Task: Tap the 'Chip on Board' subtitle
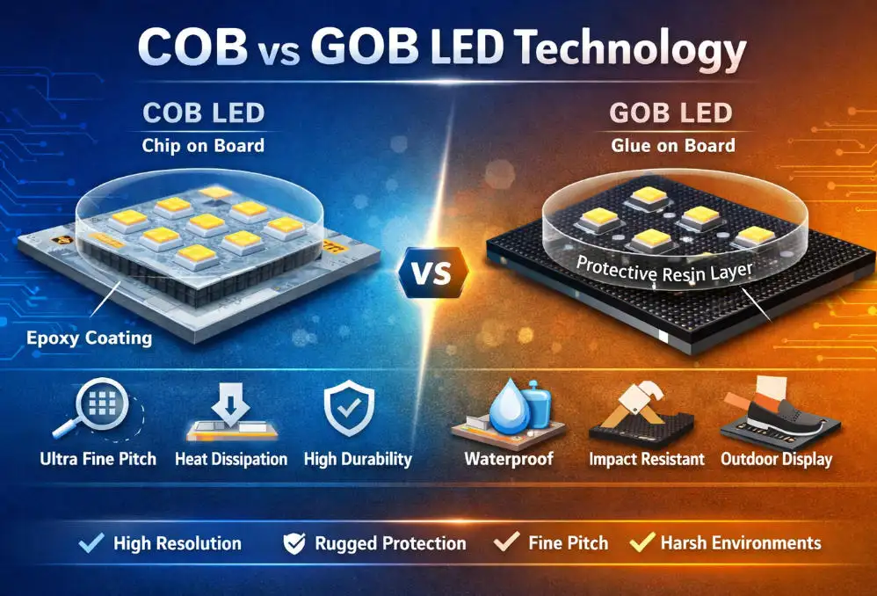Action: pos(203,145)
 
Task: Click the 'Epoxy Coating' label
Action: pos(89,338)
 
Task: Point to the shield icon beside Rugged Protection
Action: pos(294,543)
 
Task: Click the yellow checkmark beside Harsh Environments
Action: pos(644,542)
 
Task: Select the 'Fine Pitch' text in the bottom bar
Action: pos(568,543)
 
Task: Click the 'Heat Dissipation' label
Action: pos(231,459)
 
